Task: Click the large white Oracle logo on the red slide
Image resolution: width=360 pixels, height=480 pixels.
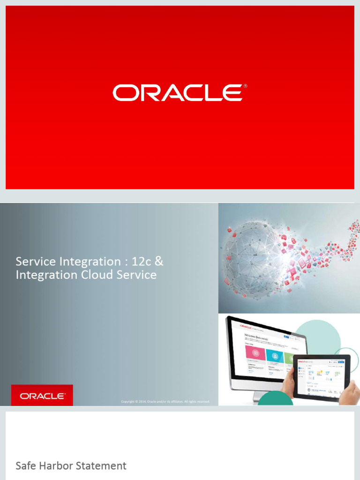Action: [x=177, y=93]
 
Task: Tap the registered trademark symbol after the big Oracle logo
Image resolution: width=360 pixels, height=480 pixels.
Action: [x=245, y=87]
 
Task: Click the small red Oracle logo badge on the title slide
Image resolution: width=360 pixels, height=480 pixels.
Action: [x=42, y=396]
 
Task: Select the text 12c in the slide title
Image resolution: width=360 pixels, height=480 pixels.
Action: [x=139, y=261]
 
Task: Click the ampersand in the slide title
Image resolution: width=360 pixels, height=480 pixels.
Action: [x=159, y=261]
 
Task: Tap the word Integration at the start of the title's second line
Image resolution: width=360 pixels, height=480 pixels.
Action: [x=40, y=275]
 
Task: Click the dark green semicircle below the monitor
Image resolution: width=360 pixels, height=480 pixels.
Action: [x=277, y=400]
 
